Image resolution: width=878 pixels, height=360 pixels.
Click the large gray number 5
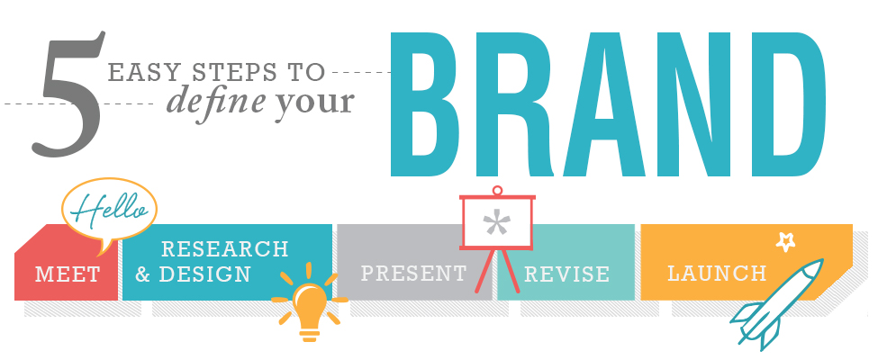(68, 95)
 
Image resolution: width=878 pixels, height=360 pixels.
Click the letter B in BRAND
(430, 104)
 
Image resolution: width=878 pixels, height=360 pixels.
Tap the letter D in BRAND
(785, 104)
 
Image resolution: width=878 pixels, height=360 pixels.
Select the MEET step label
(68, 274)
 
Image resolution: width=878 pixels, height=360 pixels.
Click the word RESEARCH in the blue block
(224, 249)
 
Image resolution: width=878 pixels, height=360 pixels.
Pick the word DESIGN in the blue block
(205, 274)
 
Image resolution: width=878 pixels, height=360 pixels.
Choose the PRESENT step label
(414, 274)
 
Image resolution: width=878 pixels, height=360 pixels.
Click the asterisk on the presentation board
(497, 223)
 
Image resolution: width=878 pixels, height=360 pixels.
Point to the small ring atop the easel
(497, 191)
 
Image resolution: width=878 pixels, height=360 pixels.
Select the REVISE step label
(566, 274)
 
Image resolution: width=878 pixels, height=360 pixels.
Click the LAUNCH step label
(717, 274)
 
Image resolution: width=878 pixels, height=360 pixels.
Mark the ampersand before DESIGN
(143, 274)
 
